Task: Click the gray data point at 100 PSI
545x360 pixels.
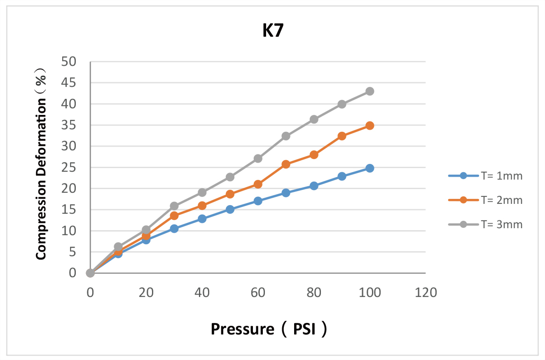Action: (x=370, y=91)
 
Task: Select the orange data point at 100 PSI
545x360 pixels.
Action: (x=370, y=126)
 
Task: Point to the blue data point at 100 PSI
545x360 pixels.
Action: (x=370, y=168)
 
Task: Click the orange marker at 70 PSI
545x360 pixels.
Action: (x=286, y=164)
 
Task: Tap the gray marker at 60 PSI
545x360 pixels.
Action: (x=258, y=159)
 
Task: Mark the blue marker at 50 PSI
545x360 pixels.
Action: (x=230, y=209)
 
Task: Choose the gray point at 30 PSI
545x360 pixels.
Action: (x=174, y=206)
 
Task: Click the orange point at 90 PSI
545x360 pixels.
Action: (x=342, y=136)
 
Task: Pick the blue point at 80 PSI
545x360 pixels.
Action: (x=314, y=186)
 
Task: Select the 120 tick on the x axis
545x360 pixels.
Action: (x=425, y=292)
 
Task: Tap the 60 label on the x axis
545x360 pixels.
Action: (x=258, y=292)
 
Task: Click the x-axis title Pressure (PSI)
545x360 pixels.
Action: (x=269, y=329)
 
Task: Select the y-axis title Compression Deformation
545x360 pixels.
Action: (x=41, y=164)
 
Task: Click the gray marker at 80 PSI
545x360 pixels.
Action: (x=314, y=119)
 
